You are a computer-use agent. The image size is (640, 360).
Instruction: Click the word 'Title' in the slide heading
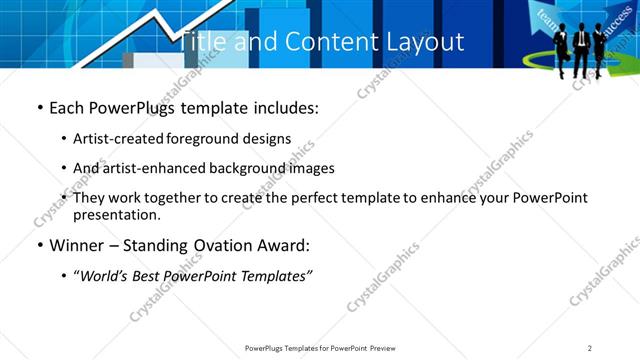click(x=202, y=42)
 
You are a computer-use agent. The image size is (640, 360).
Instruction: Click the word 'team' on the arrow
click(x=548, y=15)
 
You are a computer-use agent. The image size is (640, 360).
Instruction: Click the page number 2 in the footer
click(x=589, y=347)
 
